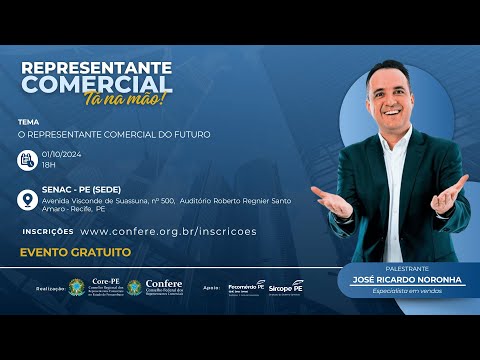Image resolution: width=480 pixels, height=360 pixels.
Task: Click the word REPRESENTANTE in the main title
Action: click(x=96, y=67)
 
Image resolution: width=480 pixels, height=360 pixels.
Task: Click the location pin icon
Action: click(x=27, y=201)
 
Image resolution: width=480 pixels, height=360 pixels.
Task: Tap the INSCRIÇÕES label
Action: click(x=47, y=231)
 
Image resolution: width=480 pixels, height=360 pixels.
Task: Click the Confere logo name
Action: click(x=163, y=283)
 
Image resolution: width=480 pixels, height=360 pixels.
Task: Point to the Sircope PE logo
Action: click(x=286, y=287)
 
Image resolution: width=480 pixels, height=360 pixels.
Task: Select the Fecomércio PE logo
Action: click(x=247, y=286)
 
